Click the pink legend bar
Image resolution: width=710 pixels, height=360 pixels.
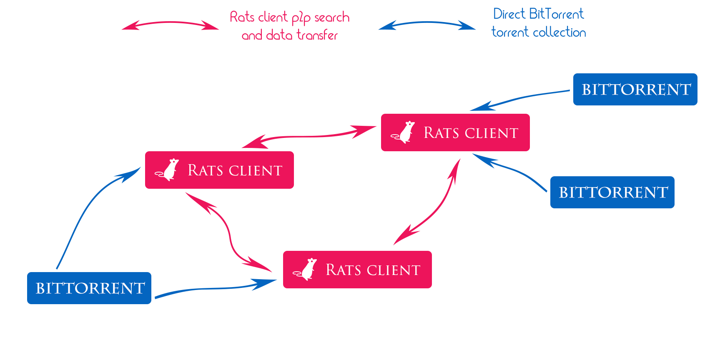(x=170, y=25)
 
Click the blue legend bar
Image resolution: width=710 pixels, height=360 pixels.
(x=427, y=25)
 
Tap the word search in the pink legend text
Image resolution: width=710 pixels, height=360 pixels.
(x=332, y=17)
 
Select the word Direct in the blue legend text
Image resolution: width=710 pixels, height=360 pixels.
(x=509, y=14)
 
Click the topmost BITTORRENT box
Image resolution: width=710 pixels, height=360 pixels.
(x=635, y=89)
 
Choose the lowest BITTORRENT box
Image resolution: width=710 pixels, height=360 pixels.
(x=89, y=288)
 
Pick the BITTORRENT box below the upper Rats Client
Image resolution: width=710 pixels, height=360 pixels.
(x=612, y=192)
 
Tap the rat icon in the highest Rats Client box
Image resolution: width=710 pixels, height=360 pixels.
(x=404, y=132)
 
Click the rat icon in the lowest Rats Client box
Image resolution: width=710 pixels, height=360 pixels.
(x=306, y=269)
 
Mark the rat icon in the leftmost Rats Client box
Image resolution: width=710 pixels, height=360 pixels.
(x=168, y=170)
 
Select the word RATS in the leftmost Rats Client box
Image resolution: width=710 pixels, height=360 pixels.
(x=205, y=170)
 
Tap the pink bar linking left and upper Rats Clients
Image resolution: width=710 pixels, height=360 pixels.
(x=309, y=137)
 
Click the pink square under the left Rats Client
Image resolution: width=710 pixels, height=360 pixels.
(x=228, y=232)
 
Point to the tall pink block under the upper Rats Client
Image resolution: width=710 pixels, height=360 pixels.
(x=427, y=201)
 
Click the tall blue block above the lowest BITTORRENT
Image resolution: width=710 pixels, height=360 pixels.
(x=98, y=217)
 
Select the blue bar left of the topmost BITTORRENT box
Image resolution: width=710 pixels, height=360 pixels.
(x=519, y=100)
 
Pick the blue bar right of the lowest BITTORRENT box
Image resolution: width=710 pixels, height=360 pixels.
(x=216, y=288)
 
